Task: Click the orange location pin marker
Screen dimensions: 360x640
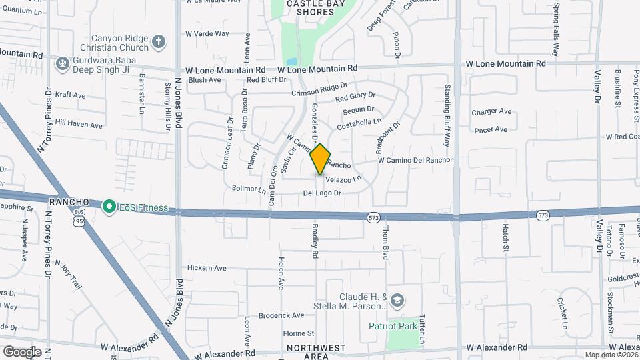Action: point(320,159)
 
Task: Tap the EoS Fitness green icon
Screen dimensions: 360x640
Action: point(108,208)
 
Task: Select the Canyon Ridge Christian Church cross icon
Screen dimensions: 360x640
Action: point(159,42)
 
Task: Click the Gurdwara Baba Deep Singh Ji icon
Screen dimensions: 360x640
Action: point(63,64)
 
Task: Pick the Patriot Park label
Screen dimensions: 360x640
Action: point(393,327)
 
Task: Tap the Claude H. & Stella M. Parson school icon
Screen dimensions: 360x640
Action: point(397,301)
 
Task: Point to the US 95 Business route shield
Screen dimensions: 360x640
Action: point(79,219)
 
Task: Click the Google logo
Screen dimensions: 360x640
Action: point(22,351)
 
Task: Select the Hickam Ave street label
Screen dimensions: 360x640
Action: point(207,268)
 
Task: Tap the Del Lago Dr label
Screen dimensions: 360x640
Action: point(322,193)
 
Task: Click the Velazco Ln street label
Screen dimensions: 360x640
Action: point(343,179)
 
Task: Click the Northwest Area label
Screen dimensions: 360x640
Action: point(316,352)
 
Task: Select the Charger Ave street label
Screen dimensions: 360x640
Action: point(489,112)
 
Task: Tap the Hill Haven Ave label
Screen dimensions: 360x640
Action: point(79,124)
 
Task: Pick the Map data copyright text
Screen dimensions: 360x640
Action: point(611,355)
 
